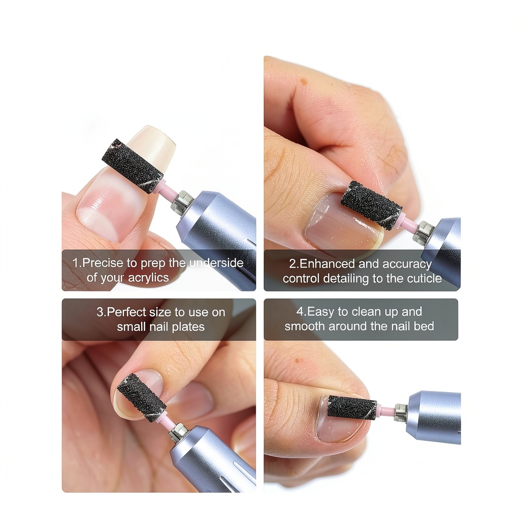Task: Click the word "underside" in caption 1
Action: point(216,263)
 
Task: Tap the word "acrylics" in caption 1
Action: point(148,278)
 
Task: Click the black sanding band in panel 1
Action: point(133,166)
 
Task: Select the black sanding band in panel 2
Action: point(371,205)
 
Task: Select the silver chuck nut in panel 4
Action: point(401,412)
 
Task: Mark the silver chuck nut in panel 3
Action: point(178,432)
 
